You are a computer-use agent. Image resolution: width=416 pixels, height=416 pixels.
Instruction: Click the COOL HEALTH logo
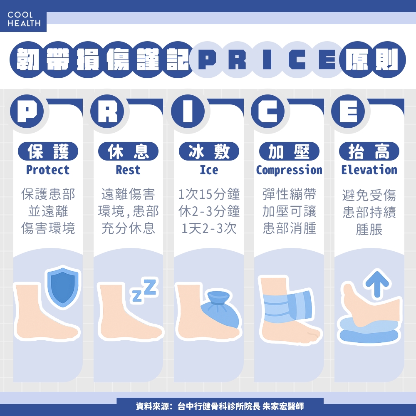[24, 20]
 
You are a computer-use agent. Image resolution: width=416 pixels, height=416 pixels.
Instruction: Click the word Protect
[48, 170]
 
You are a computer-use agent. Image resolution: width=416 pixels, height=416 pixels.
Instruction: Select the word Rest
[128, 170]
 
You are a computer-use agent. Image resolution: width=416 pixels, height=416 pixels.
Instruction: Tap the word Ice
[209, 170]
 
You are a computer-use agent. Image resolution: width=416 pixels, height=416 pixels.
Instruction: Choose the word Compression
[289, 170]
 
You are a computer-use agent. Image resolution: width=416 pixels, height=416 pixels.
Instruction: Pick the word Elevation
[369, 170]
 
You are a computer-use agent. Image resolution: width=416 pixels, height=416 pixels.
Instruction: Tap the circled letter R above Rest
[107, 111]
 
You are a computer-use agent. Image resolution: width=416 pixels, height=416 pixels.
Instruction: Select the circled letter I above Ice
[188, 111]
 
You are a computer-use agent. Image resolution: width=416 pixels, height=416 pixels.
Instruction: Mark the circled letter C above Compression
[268, 111]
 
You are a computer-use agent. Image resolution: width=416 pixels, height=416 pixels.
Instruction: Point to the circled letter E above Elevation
[348, 111]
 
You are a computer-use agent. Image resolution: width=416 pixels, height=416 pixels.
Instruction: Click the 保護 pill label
[48, 152]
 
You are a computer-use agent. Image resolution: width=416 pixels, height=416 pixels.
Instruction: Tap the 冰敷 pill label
[209, 152]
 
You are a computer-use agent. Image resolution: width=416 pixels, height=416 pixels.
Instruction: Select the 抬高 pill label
[369, 152]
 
